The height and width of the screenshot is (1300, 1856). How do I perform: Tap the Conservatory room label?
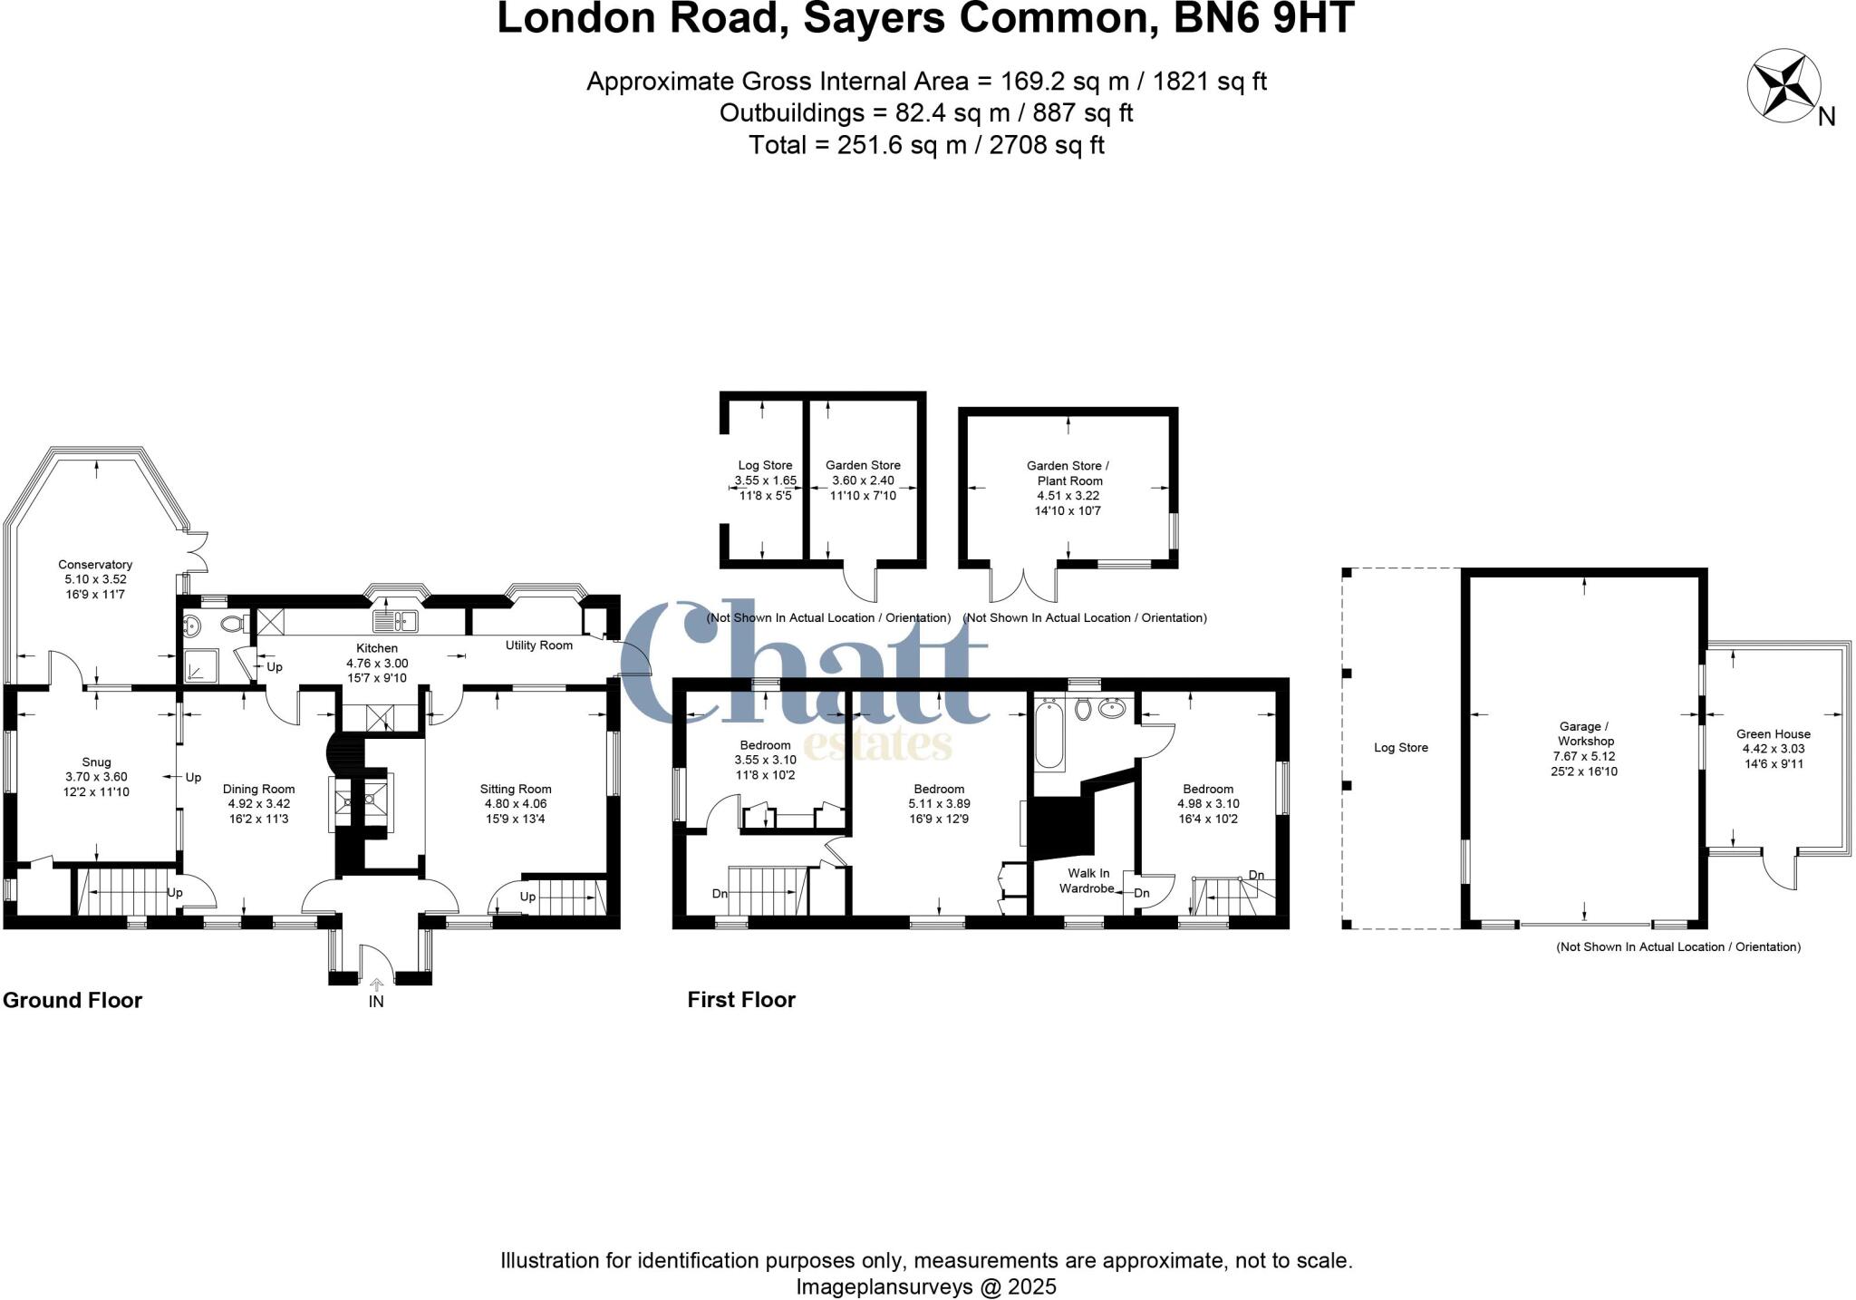point(95,565)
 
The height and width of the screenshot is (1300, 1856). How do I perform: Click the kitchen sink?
point(394,621)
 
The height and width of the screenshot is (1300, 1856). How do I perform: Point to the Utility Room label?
point(538,645)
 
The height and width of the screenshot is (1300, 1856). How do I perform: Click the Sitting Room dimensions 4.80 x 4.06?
point(515,803)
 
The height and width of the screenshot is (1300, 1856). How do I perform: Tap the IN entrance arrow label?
point(376,1001)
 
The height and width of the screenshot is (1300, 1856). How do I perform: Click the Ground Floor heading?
point(72,1000)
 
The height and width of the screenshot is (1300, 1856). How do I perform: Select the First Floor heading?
point(741,999)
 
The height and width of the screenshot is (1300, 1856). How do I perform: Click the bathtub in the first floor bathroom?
point(1049,734)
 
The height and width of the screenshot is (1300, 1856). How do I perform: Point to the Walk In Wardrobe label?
point(1086,880)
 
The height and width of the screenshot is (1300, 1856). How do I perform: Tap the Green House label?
point(1773,734)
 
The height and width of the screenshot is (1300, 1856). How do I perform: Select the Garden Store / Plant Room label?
point(1068,473)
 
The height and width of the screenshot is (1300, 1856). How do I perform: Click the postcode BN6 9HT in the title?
point(1263,19)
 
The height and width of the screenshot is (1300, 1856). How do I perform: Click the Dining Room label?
point(258,789)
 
